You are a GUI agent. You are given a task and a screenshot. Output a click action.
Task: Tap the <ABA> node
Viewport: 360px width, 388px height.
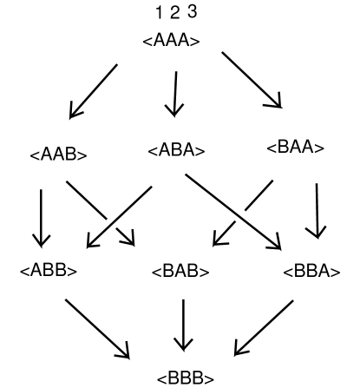176,151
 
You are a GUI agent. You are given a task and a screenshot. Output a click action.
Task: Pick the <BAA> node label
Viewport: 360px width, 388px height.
296,148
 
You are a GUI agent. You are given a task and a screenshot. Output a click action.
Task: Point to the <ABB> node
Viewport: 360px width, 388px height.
49,270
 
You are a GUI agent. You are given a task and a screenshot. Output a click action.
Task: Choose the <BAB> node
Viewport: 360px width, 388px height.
180,271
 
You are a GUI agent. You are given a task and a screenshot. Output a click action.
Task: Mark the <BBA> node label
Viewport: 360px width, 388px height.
311,271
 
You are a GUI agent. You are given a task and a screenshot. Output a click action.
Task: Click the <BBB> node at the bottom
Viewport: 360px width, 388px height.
185,378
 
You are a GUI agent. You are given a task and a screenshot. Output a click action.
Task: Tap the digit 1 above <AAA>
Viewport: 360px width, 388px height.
158,13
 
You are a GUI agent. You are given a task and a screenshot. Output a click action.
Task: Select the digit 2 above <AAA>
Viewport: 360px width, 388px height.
174,13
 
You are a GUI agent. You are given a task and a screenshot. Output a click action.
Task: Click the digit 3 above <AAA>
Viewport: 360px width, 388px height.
192,12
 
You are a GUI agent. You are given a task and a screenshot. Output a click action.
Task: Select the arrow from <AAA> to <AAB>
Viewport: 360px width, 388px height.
93,90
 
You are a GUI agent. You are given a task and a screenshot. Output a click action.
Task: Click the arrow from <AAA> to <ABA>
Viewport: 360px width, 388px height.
174,94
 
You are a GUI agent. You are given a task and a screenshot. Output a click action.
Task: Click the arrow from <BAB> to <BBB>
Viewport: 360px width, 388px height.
183,323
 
